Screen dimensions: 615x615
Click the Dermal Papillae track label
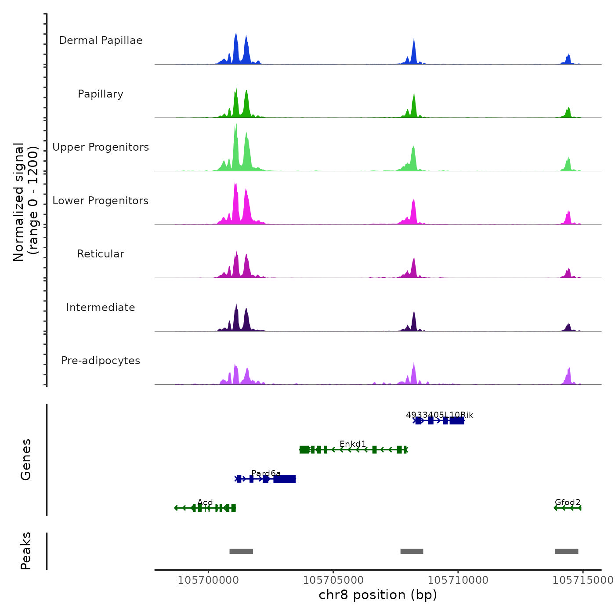101,40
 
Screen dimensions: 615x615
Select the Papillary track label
101,94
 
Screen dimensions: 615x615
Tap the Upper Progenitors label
101,147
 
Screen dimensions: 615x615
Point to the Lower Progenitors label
101,201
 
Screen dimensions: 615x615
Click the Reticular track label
101,254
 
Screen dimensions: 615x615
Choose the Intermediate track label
101,307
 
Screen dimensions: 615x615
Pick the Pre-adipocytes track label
101,361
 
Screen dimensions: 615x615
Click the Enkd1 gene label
353,444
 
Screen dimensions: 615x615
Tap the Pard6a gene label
266,473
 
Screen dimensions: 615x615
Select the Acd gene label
205,502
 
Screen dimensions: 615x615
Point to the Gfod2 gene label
568,502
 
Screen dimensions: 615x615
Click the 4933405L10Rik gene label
440,415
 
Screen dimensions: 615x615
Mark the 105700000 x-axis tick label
208,580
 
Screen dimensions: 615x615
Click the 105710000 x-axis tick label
458,580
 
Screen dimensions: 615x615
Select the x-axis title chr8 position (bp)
378,595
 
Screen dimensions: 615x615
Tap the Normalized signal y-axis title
25,202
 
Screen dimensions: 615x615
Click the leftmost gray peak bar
241,551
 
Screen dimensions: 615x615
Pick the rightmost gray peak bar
566,551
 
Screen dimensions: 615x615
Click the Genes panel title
26,459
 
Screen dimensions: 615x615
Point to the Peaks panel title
26,551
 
